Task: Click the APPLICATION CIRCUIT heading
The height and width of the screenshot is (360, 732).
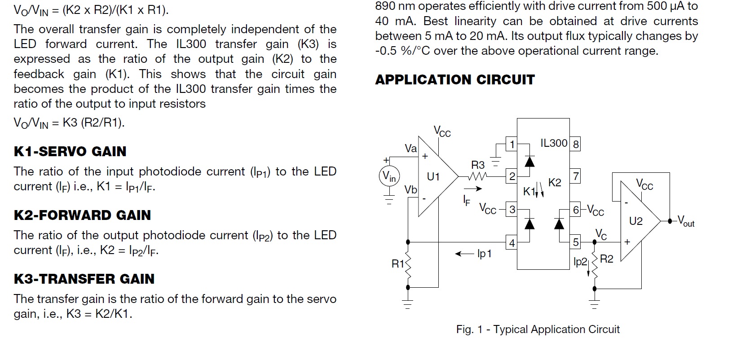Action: coord(455,80)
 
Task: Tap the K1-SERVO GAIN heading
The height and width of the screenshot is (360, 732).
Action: coord(70,152)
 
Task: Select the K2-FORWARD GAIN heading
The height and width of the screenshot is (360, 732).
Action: coord(82,215)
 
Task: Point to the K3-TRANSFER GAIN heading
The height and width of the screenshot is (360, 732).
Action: coord(84,279)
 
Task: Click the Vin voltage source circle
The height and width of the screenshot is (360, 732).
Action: coord(389,176)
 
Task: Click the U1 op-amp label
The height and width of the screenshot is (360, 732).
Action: coord(433,177)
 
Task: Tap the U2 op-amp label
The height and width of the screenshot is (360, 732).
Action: coord(636,221)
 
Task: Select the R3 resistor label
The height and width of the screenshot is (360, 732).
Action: coord(478,165)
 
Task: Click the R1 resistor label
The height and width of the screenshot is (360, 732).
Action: coord(398,263)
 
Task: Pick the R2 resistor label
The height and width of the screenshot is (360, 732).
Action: coord(607,259)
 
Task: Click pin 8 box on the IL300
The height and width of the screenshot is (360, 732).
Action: coord(575,144)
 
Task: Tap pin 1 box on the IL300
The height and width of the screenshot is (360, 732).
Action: coord(512,144)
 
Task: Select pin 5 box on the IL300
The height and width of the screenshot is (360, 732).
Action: coord(575,242)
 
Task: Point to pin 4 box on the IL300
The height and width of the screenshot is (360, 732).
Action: coord(512,242)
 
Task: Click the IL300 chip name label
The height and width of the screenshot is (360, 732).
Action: coord(554,143)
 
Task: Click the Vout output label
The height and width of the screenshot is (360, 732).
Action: coord(686,221)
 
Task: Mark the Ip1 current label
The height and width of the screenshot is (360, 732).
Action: coord(484,254)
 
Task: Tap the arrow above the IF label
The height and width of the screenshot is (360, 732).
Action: coord(473,189)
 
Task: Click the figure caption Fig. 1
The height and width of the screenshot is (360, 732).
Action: coord(538,329)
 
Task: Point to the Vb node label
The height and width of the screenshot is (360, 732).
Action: coord(410,189)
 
